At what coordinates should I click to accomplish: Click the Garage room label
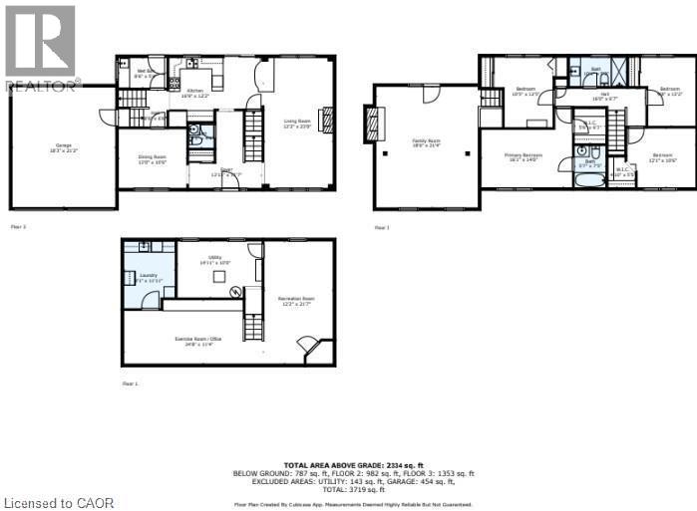(61, 148)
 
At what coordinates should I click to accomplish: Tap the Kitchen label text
(196, 93)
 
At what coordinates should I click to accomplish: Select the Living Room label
(297, 124)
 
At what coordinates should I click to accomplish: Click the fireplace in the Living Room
(324, 119)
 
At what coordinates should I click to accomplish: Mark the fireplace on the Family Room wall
(373, 125)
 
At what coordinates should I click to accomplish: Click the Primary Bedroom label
(523, 157)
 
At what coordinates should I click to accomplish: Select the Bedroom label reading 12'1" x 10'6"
(663, 157)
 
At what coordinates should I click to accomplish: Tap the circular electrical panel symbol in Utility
(235, 292)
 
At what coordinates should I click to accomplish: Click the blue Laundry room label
(148, 276)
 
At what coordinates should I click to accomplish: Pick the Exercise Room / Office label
(195, 342)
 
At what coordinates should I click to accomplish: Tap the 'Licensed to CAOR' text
(59, 502)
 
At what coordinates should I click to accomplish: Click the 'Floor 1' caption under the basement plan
(130, 383)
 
